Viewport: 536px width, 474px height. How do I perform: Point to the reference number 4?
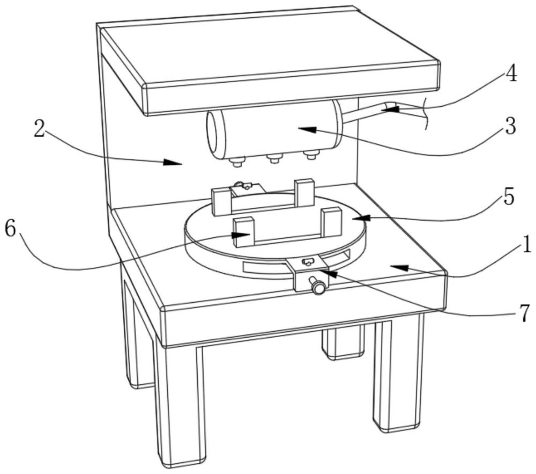coord(511,74)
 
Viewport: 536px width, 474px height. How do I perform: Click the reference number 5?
coord(509,197)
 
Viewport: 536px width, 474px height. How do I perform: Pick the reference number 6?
coord(10,229)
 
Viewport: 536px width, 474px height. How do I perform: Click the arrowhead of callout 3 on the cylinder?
coord(306,129)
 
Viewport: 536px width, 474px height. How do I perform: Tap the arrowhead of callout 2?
coord(173,162)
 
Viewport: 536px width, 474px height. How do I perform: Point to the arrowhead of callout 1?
coord(400,267)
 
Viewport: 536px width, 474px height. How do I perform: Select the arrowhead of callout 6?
coord(241,235)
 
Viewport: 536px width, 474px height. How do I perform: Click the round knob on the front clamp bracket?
coord(317,286)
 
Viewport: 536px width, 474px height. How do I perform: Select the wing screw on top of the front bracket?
coord(307,262)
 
